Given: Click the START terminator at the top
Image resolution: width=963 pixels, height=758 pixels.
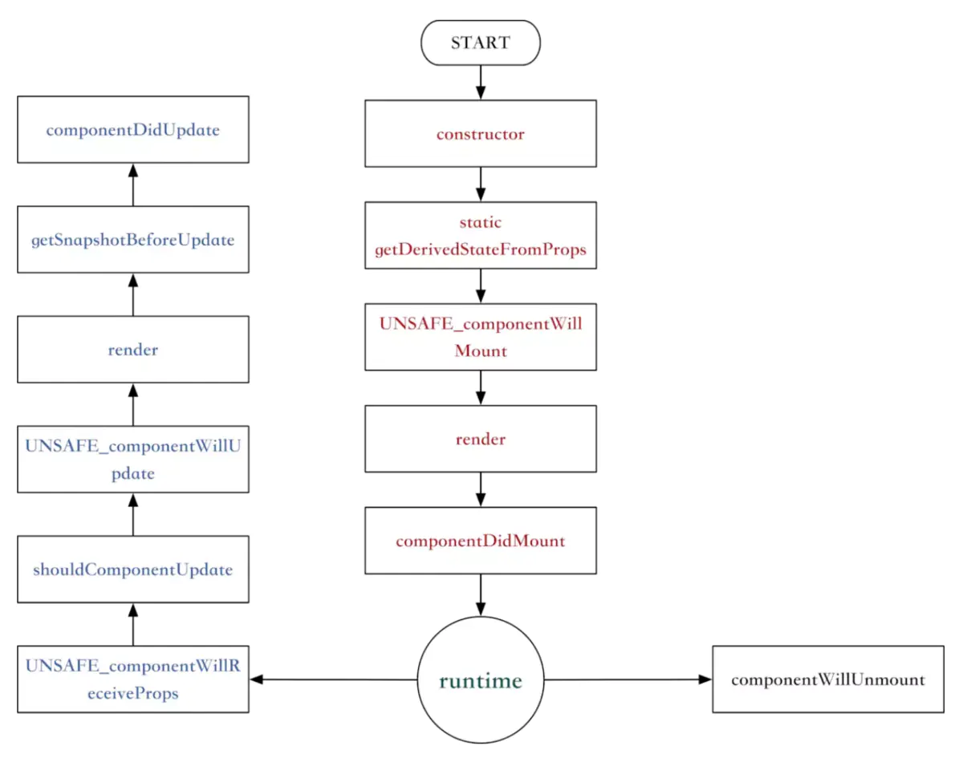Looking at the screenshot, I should coord(480,43).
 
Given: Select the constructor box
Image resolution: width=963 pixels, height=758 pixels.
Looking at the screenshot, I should coord(480,134).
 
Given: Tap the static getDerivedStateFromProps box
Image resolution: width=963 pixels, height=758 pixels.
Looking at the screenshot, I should coord(480,235).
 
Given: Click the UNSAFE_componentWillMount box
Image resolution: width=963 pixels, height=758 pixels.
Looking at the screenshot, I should coord(480,337).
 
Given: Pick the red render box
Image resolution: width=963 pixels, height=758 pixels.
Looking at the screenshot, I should coord(480,439).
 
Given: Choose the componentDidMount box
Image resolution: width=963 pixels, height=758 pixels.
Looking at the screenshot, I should coord(480,541).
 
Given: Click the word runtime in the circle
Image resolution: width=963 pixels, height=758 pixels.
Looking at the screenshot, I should coord(480,681).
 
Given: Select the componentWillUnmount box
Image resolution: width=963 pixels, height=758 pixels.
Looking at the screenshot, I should coord(827,679).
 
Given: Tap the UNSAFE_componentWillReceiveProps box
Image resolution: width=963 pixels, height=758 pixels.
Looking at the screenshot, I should coord(133,679).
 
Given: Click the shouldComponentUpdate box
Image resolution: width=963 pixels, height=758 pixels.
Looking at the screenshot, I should coord(133,570).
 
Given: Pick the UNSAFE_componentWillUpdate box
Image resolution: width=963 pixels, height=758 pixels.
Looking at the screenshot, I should coord(133,460).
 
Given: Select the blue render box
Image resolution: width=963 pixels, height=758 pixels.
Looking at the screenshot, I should coord(133,350).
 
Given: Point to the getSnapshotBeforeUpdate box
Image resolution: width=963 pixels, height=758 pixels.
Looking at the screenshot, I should coord(133,240).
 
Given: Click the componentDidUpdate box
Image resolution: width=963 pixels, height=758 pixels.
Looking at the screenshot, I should coord(133,130).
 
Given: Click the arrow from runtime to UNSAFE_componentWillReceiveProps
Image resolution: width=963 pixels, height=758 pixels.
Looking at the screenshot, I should coord(333,679).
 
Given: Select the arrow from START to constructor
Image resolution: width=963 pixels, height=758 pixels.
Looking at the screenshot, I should coord(480,83).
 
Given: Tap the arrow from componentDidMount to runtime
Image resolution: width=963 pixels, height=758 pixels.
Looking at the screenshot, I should coord(480,594).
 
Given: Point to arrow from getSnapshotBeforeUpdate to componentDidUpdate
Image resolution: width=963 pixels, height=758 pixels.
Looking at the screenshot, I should coord(133,184).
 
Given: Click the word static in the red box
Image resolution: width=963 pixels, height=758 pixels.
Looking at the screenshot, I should coord(480,222).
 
